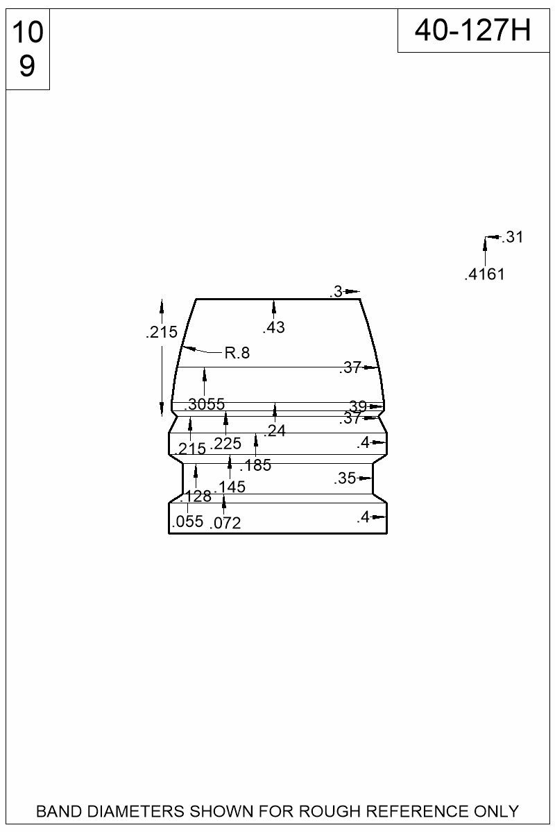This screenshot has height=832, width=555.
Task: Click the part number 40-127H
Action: point(473,31)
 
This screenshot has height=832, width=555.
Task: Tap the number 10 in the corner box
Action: point(28,33)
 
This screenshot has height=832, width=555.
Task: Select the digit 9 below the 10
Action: point(27,65)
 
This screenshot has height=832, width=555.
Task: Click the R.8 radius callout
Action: point(237,353)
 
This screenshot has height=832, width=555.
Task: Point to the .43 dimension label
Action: point(273,327)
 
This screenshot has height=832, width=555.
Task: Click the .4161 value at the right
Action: point(485,274)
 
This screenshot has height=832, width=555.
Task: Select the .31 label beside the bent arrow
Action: point(513,237)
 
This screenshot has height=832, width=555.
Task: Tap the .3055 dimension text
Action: point(205,404)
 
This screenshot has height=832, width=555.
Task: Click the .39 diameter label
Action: point(357,406)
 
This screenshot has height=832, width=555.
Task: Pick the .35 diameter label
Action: point(345,478)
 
